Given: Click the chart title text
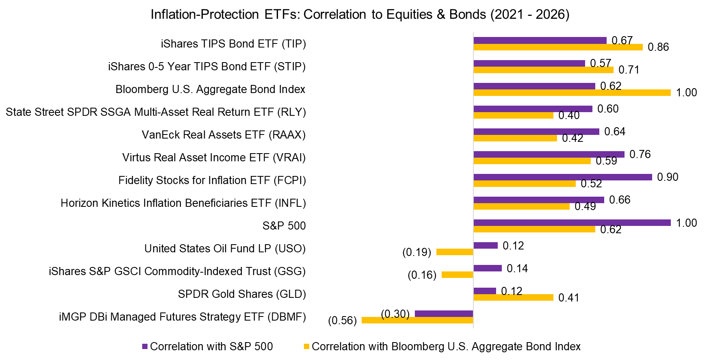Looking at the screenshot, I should click(360, 14).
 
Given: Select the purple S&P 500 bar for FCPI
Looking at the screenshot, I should click(562, 177).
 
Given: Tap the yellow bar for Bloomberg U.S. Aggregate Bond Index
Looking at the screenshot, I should click(572, 93).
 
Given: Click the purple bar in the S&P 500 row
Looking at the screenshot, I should click(572, 223).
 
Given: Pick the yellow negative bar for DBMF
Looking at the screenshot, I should click(417, 320).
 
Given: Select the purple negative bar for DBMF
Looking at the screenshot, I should click(444, 314).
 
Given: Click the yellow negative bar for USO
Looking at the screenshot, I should click(454, 252).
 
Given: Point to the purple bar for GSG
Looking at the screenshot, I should click(488, 268).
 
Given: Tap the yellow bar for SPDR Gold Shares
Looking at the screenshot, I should click(513, 297).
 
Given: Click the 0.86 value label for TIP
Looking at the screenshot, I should click(658, 47).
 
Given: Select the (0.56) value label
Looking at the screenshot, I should click(342, 321).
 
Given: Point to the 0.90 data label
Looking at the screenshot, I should click(668, 177).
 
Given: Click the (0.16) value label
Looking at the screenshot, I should click(422, 275).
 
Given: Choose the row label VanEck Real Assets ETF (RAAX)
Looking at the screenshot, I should click(223, 135).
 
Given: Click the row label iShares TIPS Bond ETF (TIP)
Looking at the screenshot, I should click(233, 44).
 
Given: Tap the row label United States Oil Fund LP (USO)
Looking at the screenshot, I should click(225, 249).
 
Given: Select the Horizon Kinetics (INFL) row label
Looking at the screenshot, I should click(183, 203).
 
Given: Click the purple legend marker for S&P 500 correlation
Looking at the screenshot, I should click(145, 347).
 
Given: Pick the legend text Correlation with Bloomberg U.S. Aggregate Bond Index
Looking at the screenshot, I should click(446, 347).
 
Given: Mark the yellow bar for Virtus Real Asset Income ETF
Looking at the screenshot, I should click(532, 161).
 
